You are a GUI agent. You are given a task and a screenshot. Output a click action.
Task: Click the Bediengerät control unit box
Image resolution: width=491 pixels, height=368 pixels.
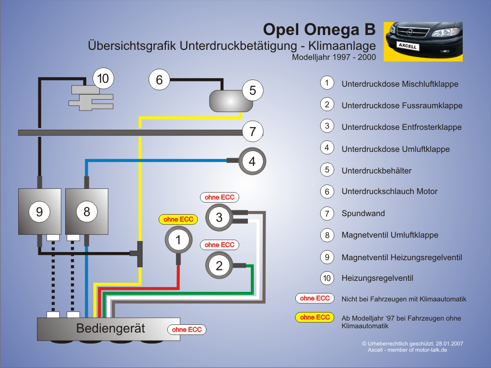(108, 329)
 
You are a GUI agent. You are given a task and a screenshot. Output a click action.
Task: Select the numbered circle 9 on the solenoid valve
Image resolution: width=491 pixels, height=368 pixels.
(39, 212)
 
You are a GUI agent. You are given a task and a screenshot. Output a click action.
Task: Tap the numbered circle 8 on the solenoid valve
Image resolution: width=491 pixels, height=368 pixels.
(87, 212)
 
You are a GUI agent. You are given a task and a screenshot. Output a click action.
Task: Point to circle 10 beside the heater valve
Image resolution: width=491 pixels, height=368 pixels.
(103, 79)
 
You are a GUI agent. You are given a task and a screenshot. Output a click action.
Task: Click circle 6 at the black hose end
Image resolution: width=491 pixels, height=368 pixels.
(159, 80)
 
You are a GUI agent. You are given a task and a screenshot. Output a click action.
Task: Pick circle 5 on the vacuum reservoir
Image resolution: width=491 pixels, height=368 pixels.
(252, 91)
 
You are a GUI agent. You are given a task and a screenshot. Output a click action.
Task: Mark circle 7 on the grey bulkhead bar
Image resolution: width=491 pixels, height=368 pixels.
(252, 131)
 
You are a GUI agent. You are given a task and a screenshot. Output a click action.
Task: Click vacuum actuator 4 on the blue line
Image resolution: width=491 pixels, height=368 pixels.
(252, 161)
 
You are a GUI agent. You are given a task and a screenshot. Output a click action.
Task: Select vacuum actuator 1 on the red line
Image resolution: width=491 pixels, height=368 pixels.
(178, 240)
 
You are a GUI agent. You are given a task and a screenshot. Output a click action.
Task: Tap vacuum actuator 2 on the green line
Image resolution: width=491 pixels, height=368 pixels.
(219, 265)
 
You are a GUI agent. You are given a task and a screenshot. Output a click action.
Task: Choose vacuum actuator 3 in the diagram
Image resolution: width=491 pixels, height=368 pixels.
(219, 217)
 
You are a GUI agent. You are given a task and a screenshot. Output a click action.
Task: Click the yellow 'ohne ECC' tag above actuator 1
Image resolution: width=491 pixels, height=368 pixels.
(178, 219)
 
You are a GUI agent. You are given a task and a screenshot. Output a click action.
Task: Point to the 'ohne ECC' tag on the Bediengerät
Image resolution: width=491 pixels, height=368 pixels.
(187, 330)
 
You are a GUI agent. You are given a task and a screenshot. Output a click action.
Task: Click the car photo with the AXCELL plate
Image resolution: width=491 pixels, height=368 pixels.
(423, 42)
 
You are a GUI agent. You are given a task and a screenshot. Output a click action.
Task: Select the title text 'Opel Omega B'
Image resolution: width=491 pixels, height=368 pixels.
(319, 29)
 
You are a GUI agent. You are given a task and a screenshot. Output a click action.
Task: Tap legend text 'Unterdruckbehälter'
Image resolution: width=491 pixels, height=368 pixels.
(376, 171)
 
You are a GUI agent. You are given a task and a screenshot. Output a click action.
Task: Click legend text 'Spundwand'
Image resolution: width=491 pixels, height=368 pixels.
(363, 213)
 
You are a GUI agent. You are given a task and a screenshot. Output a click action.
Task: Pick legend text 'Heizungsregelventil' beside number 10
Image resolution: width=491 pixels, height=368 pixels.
(377, 278)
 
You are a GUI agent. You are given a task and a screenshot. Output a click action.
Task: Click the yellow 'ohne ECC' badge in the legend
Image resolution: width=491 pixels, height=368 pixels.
(315, 317)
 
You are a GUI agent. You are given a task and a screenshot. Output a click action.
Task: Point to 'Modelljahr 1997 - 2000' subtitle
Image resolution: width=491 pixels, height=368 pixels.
(334, 57)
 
